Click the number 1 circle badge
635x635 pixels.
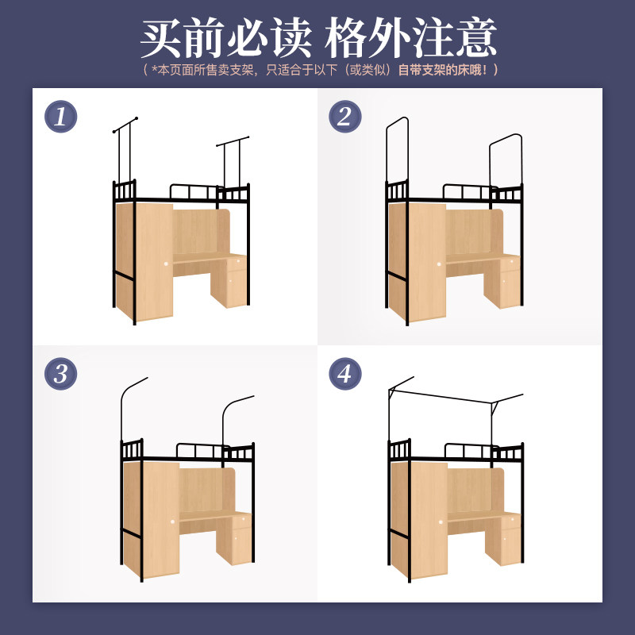click(x=61, y=117)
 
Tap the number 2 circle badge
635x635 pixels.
click(x=345, y=117)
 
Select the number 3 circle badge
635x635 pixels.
click(x=61, y=373)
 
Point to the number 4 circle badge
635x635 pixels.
click(x=345, y=373)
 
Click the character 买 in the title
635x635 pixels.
click(x=161, y=37)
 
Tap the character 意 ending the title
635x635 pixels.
click(x=476, y=37)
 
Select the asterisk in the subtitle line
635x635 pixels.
click(x=154, y=69)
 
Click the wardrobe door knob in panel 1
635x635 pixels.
click(x=166, y=264)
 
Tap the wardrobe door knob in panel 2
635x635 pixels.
click(x=439, y=264)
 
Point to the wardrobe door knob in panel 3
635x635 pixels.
click(x=173, y=521)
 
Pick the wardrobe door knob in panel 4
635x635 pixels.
click(x=441, y=522)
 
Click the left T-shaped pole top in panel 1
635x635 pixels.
click(x=125, y=125)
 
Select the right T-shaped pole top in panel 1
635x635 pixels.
click(x=233, y=141)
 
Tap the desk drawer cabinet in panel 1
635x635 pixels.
click(x=229, y=281)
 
